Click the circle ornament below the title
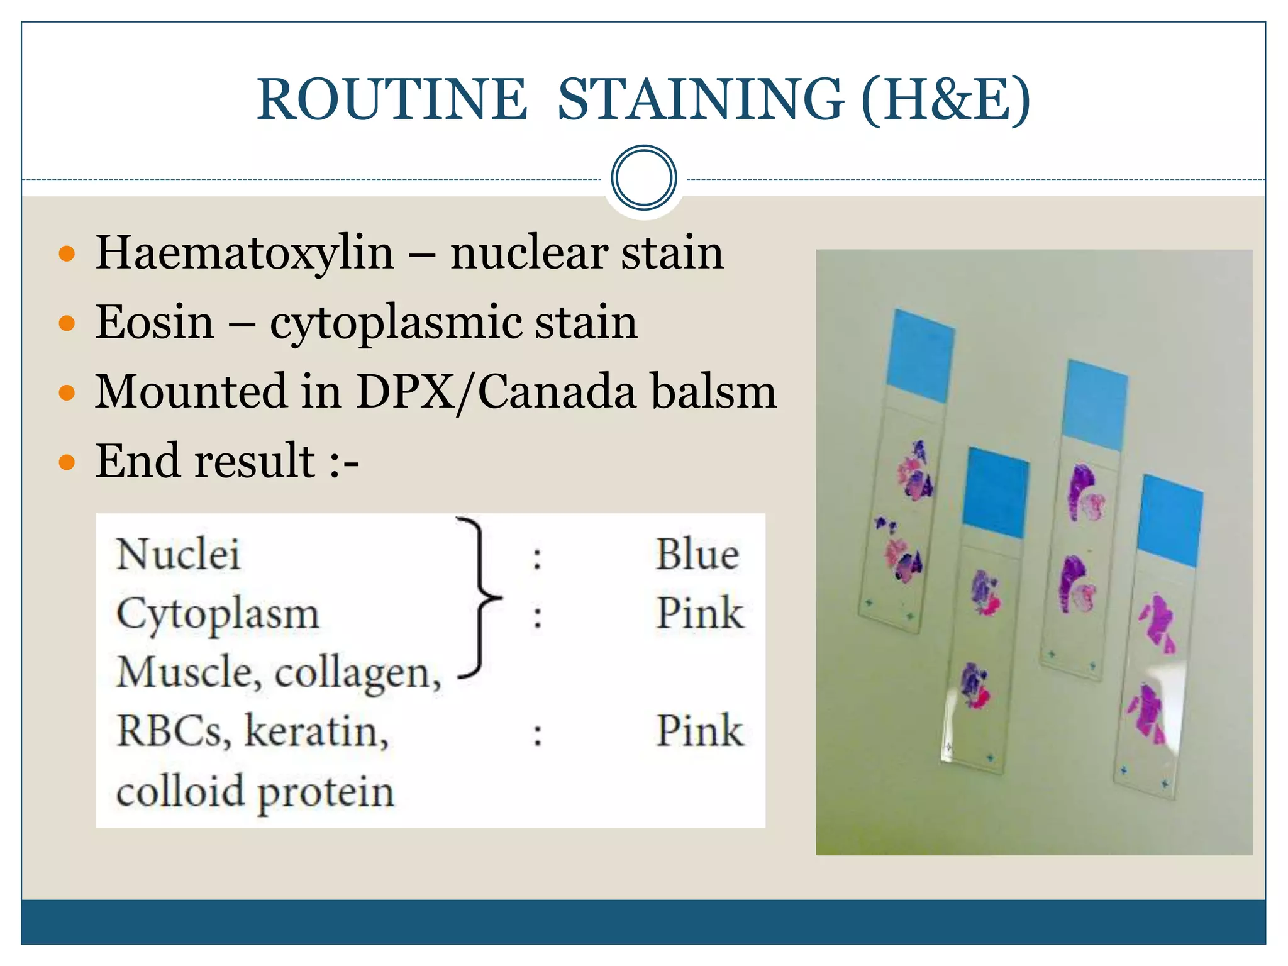tap(643, 178)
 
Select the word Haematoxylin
tap(245, 253)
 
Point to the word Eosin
tap(155, 322)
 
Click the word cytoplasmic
tap(395, 323)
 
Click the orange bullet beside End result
tap(66, 463)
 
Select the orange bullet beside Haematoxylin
tap(66, 254)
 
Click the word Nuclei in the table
tap(178, 555)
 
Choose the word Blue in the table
tap(697, 555)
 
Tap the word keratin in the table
tap(316, 731)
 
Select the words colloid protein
tap(255, 791)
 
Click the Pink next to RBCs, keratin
tap(699, 731)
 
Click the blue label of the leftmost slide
tap(919, 356)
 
